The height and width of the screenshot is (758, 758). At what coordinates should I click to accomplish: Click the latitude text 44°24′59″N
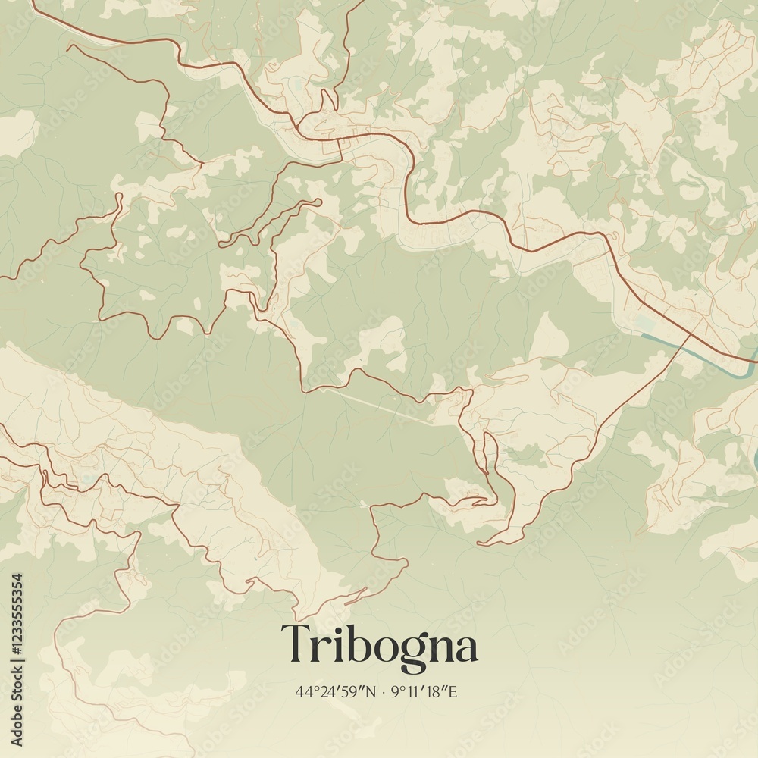(x=336, y=691)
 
